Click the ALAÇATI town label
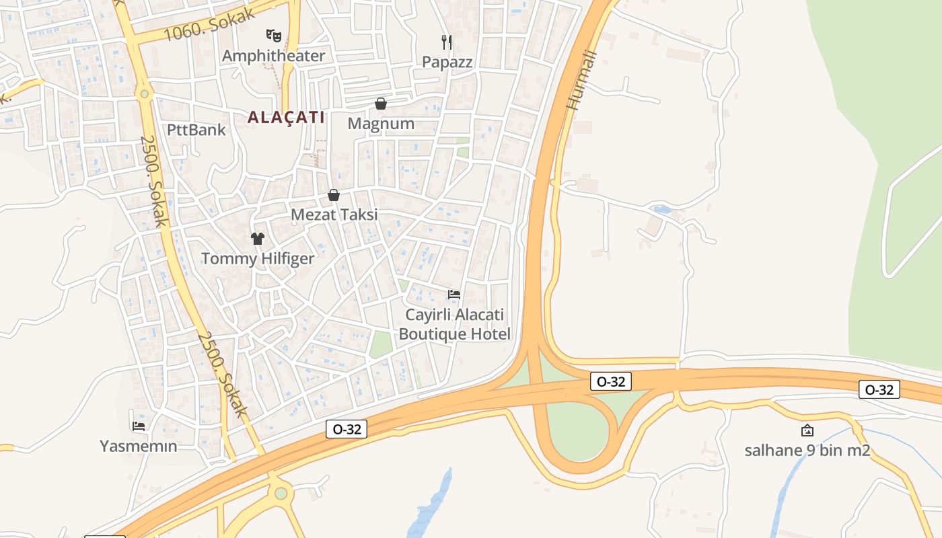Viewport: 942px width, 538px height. (286, 118)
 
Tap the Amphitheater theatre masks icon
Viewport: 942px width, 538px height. (273, 35)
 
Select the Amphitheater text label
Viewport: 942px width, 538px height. (273, 56)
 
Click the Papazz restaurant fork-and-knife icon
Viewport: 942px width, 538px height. (447, 42)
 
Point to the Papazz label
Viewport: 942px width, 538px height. (447, 62)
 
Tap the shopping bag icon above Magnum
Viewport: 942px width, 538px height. (381, 104)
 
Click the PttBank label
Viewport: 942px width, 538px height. (196, 129)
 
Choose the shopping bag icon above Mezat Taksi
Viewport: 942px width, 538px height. (334, 195)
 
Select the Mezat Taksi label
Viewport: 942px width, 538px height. (334, 215)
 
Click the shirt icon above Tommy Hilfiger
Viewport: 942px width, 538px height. (258, 238)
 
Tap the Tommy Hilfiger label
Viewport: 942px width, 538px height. (258, 258)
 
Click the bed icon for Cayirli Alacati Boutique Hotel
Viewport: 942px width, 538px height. (454, 295)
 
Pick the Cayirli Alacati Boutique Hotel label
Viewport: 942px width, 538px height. (455, 324)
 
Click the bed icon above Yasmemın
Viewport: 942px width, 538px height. (139, 426)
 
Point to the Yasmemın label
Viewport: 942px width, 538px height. (139, 446)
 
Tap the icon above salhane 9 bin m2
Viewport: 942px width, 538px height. (807, 430)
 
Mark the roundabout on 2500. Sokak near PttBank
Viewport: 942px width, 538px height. (143, 93)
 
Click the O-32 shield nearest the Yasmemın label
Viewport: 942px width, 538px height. (347, 429)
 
